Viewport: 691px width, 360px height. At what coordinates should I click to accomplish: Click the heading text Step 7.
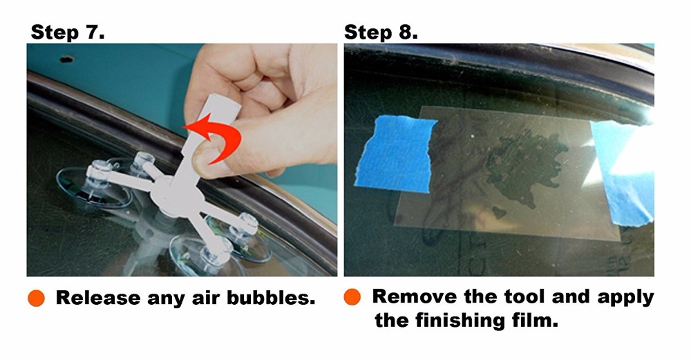68,32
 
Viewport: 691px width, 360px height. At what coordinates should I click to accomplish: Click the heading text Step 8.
381,32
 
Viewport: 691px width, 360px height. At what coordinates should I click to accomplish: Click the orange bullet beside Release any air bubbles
36,298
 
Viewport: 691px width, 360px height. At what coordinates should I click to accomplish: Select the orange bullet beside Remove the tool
352,296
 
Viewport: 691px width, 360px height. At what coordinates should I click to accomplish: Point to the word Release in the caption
98,298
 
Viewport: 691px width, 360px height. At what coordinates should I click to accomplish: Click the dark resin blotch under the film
524,170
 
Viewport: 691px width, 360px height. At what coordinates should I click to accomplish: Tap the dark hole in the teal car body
66,59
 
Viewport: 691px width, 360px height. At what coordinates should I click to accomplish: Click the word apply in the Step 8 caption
626,298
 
